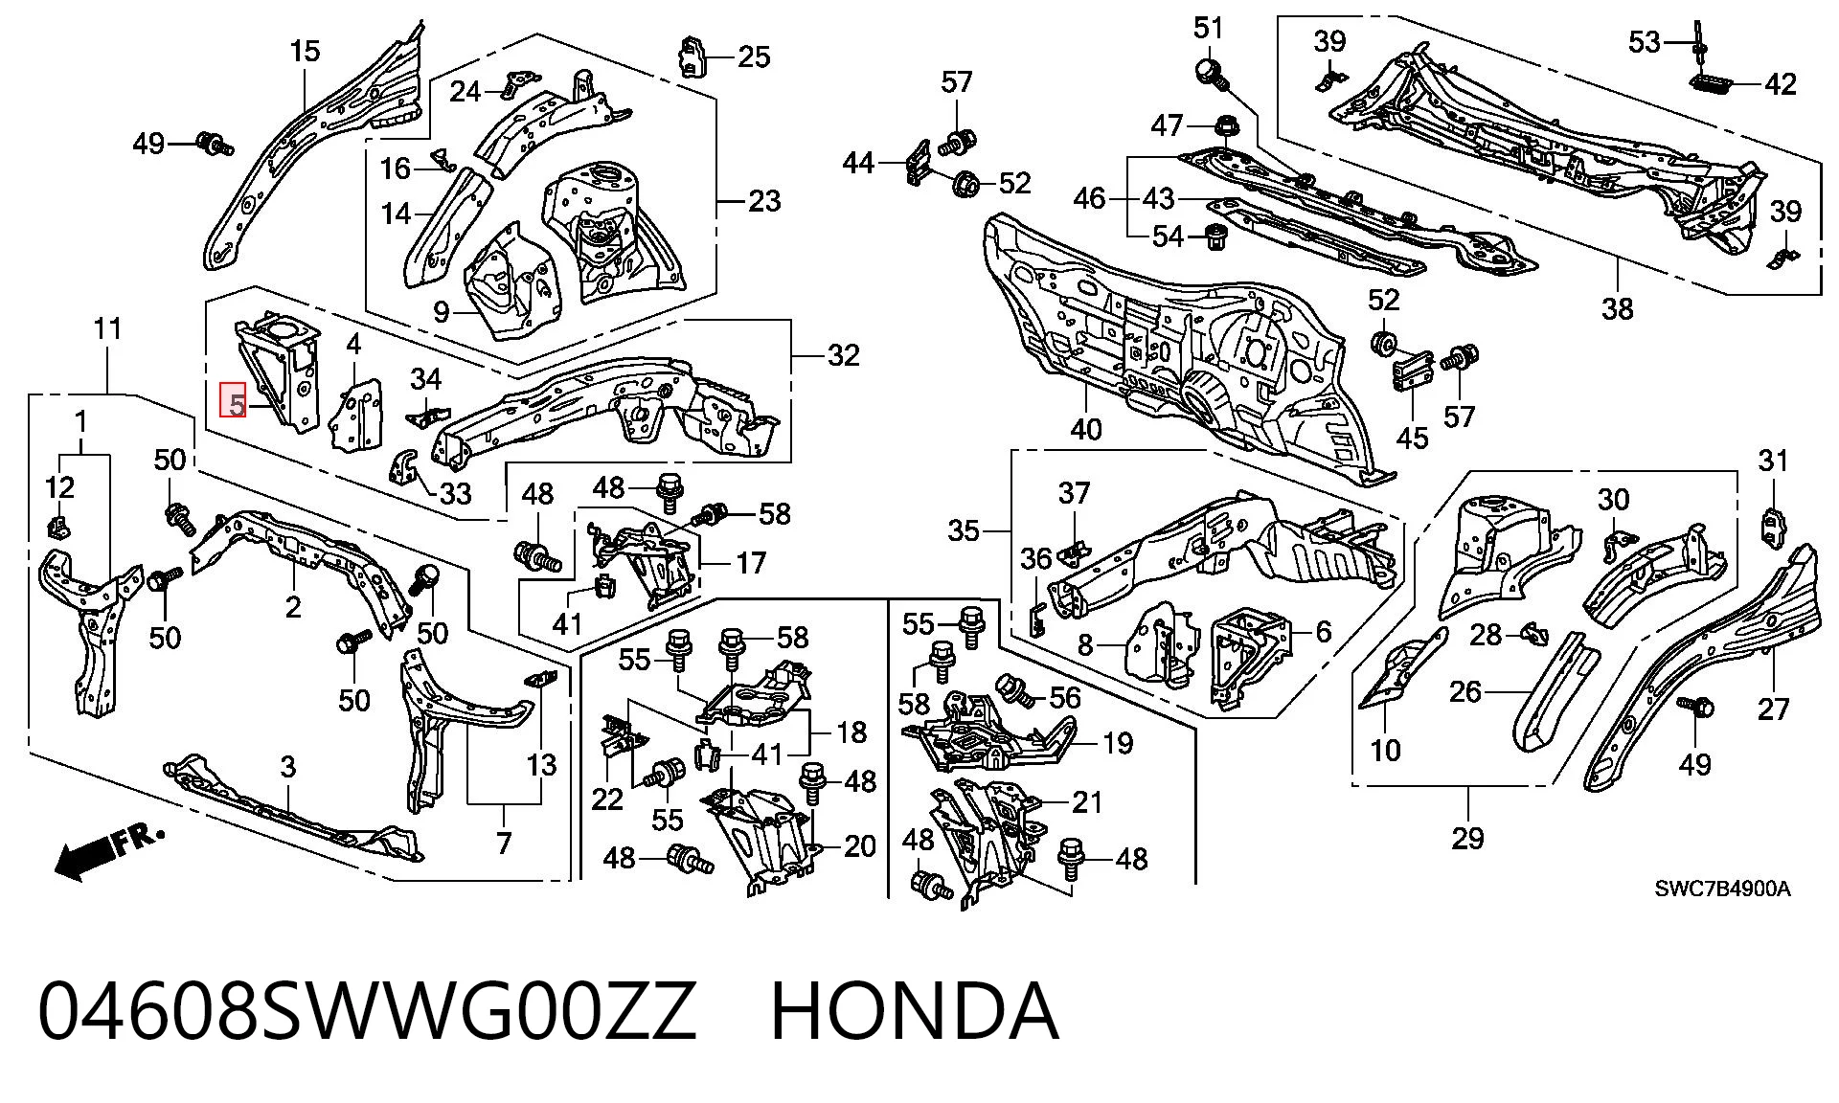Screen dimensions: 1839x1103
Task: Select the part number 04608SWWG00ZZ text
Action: pos(367,1011)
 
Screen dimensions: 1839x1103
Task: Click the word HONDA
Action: pos(915,1011)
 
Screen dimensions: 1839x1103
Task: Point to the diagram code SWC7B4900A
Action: pos(1722,889)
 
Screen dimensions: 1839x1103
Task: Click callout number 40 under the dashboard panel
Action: pos(1085,430)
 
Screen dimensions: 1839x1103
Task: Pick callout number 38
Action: pos(1617,308)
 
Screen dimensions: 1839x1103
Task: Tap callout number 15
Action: pos(305,51)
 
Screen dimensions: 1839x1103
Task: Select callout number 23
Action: pos(763,201)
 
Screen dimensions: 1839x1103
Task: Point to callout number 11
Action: pos(107,329)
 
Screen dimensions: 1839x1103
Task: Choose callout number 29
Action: pos(1467,839)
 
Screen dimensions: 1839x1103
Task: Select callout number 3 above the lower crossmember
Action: pos(287,767)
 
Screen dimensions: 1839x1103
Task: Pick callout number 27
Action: pos(1774,709)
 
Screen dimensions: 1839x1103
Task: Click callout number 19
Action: pos(1117,743)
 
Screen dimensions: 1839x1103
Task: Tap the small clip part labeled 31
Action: pos(1773,526)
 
